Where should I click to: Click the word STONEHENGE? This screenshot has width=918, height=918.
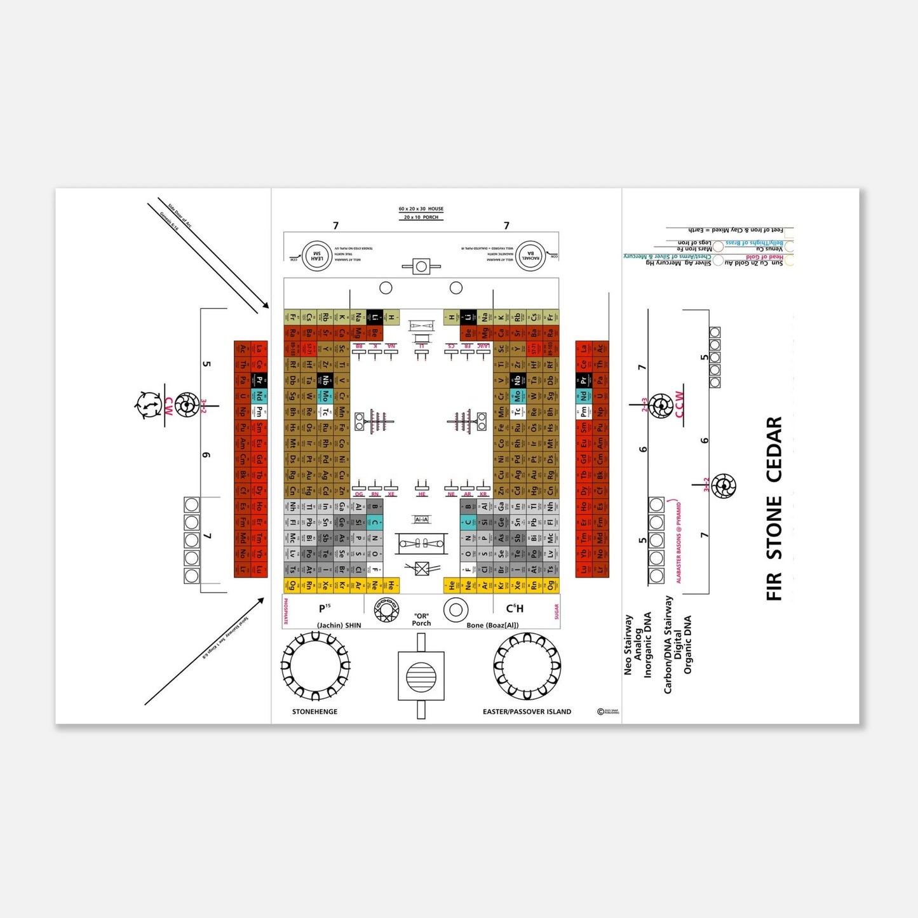[x=314, y=712]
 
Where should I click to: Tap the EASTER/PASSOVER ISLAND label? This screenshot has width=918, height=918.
[x=527, y=712]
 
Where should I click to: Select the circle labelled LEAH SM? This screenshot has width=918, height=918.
[x=316, y=256]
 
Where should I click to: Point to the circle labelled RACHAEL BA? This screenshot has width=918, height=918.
[x=530, y=256]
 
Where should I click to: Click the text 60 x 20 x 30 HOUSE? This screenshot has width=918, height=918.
[x=421, y=209]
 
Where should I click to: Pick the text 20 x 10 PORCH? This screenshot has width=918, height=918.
[x=421, y=217]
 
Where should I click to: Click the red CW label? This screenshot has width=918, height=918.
[x=169, y=407]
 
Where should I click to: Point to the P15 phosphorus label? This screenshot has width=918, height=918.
[x=324, y=609]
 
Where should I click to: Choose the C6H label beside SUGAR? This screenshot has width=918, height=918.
[x=515, y=609]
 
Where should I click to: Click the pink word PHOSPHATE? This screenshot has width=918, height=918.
[x=286, y=611]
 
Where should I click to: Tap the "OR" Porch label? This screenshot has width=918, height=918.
[x=421, y=619]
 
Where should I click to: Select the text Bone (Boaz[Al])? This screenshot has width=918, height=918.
[x=492, y=625]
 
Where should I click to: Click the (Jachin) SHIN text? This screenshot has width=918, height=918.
[x=339, y=625]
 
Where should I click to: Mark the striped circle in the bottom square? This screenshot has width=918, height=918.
[x=421, y=676]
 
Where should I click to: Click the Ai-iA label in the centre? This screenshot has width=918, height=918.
[x=421, y=519]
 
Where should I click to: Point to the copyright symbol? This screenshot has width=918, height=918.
[x=600, y=712]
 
